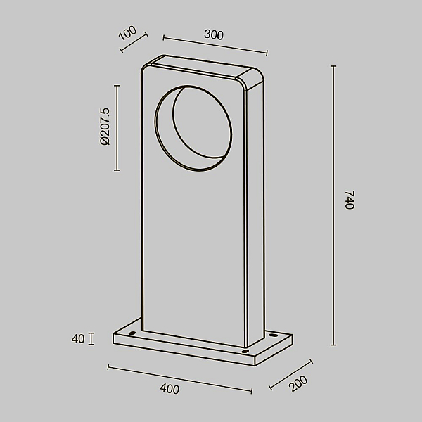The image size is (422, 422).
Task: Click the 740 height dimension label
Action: pos(350,200)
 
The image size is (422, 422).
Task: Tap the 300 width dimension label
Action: pos(214,34)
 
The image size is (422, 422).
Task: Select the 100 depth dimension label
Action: pos(127,33)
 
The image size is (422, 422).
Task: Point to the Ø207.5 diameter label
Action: pos(105,127)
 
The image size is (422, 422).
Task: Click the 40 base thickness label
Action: pos(78,339)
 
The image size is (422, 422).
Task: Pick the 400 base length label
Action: pos(170,389)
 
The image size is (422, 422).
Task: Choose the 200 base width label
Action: pos(298,383)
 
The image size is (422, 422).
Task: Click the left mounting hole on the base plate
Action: pos(132,333)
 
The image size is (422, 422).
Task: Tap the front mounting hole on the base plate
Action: pos(245,351)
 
